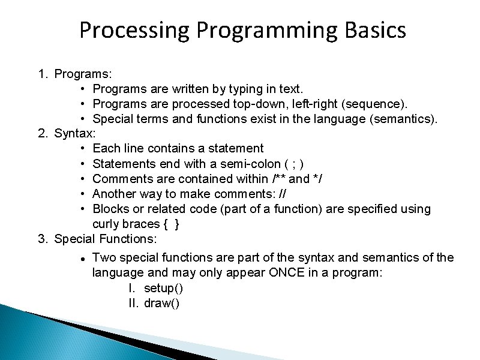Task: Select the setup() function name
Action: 164,288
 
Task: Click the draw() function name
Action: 162,303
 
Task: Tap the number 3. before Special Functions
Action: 43,239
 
